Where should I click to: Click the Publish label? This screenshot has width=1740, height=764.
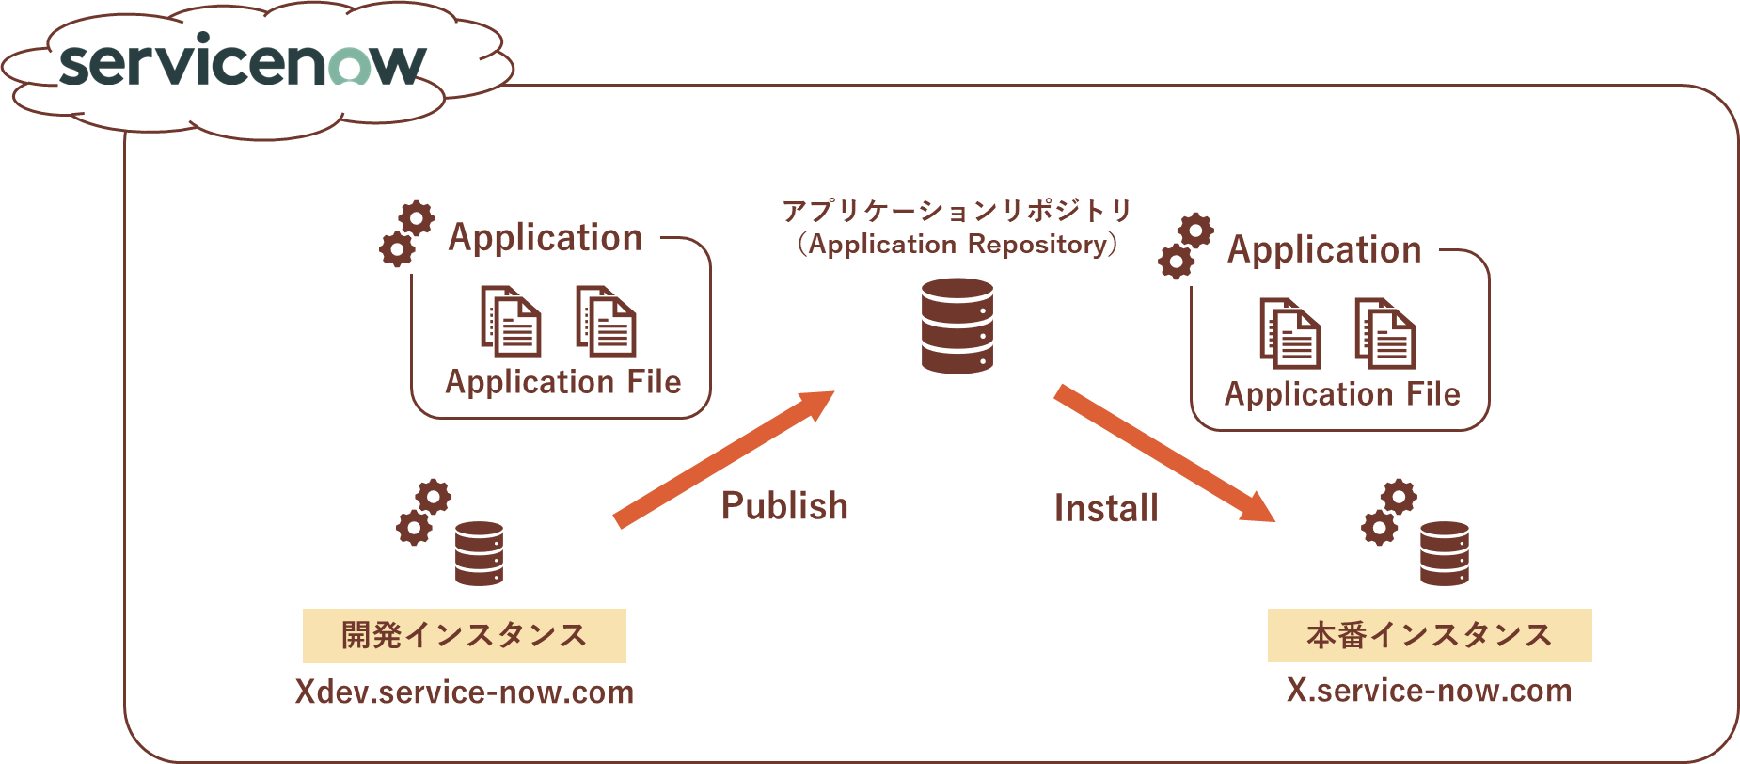784,506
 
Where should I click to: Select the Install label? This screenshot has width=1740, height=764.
1106,509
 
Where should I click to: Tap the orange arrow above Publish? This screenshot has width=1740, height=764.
724,458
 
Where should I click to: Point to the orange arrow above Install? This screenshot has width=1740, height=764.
1163,454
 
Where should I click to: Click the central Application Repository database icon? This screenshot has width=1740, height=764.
957,326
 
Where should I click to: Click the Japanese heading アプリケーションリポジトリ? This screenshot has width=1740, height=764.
957,211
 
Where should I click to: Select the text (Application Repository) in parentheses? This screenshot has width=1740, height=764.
957,245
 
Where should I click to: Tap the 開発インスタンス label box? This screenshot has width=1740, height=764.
464,636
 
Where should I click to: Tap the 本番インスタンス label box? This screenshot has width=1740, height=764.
1429,636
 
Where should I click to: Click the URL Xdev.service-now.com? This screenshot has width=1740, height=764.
464,692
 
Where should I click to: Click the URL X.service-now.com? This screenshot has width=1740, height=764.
1429,691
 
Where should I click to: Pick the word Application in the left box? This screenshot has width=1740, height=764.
545,237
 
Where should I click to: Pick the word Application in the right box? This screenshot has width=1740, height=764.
1323,249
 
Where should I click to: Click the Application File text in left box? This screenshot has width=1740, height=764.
562,382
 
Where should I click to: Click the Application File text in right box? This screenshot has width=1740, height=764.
1342,394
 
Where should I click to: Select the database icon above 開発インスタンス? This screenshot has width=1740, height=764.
479,553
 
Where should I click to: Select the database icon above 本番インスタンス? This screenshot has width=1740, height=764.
1445,553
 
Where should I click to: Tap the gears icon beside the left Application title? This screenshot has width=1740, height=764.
406,234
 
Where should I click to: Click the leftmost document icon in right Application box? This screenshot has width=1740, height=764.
1290,334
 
